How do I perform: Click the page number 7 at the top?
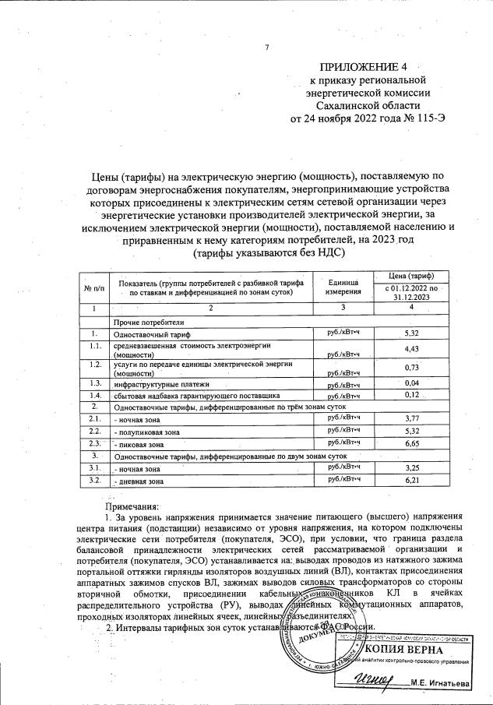266,48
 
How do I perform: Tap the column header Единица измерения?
343,286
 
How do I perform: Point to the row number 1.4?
95,395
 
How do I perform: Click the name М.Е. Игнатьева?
451,683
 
